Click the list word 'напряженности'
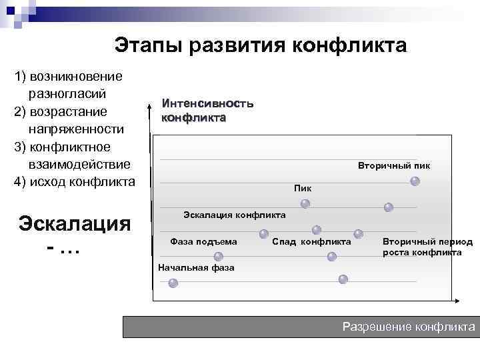point(77,129)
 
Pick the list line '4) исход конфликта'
point(75,181)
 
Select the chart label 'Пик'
point(303,189)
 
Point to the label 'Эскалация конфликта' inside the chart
point(235,215)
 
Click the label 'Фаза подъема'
point(203,241)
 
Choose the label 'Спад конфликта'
point(311,241)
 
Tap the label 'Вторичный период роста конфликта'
point(427,247)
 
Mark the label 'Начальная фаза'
point(196,268)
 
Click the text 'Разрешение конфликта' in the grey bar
point(409,327)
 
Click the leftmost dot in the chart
point(173,283)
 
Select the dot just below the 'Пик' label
point(305,203)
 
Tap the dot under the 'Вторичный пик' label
point(415,181)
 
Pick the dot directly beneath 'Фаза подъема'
point(218,257)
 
